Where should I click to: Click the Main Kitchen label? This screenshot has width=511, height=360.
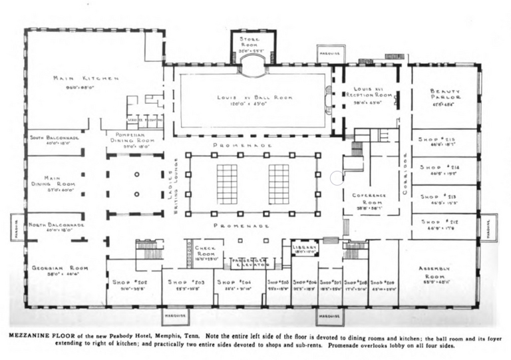pyautogui.click(x=86, y=78)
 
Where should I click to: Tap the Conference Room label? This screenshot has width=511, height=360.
pyautogui.click(x=369, y=200)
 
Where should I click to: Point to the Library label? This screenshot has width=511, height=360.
pyautogui.click(x=304, y=249)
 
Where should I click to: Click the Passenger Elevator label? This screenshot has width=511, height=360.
pyautogui.click(x=249, y=262)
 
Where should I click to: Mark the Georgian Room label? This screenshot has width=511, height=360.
pyautogui.click(x=60, y=270)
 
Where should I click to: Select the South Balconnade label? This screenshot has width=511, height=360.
pyautogui.click(x=54, y=138)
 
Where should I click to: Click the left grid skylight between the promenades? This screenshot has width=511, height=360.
pyautogui.click(x=227, y=184)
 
